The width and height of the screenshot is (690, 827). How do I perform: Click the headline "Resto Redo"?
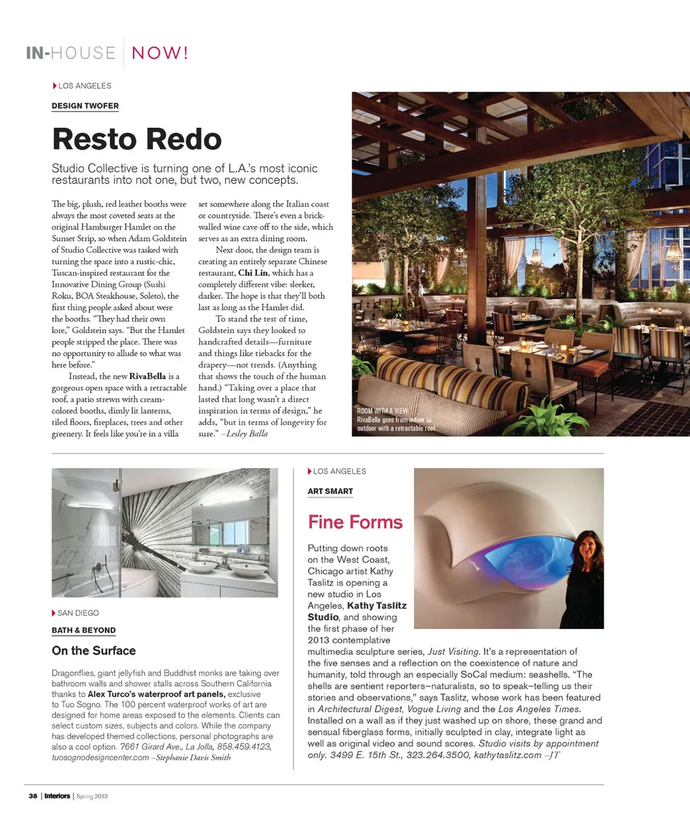(137, 139)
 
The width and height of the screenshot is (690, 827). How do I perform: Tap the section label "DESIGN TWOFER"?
(85, 106)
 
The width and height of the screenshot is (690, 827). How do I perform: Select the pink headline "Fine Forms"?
(355, 522)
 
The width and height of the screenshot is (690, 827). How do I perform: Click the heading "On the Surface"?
(93, 650)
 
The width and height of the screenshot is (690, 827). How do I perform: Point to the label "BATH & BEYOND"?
(83, 630)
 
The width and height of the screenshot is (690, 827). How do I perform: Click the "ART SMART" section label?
(330, 491)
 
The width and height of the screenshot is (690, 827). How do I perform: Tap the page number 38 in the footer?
(33, 796)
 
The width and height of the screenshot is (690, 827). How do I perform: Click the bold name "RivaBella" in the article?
(149, 376)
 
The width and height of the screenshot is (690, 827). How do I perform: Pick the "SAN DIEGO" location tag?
(78, 613)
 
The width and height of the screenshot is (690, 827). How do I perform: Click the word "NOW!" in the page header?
(160, 52)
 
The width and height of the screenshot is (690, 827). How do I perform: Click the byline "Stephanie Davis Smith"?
(192, 758)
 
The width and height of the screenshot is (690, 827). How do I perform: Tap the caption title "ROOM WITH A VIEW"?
(382, 411)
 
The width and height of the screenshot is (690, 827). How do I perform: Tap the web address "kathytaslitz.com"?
(507, 755)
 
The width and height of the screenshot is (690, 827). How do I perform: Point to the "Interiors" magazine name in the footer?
(57, 796)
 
